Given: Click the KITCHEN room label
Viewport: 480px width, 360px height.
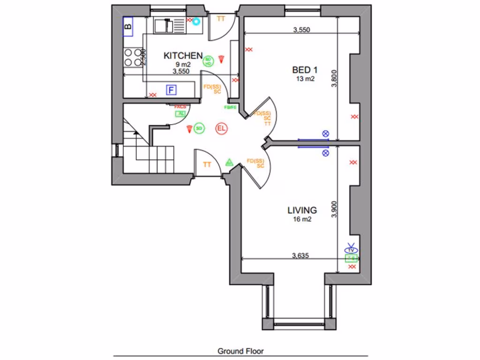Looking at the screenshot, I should point(183,55).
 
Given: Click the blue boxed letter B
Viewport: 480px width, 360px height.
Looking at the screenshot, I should point(128,26).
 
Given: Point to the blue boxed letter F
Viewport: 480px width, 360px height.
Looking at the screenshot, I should point(172,89).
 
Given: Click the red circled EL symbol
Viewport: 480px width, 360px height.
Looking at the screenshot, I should point(221,128).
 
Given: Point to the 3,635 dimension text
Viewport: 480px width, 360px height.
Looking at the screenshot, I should point(300,255).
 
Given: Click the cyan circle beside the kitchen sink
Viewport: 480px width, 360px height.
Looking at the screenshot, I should point(196,21).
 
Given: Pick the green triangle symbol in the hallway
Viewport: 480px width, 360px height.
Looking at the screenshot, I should point(229,163).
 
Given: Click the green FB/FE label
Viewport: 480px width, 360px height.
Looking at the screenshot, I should point(230,107).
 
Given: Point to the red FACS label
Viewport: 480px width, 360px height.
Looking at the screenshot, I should point(180,107).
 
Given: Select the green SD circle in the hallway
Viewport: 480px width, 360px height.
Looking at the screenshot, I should point(199,128).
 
